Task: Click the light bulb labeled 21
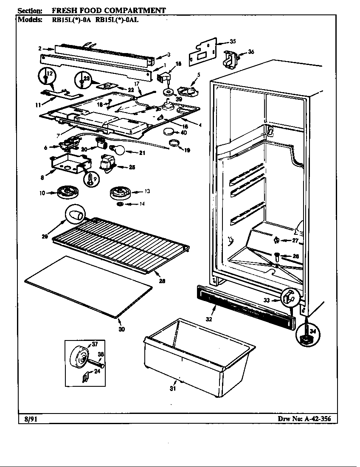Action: click(119, 149)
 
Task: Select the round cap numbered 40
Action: click(170, 132)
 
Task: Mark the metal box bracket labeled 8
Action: click(70, 163)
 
